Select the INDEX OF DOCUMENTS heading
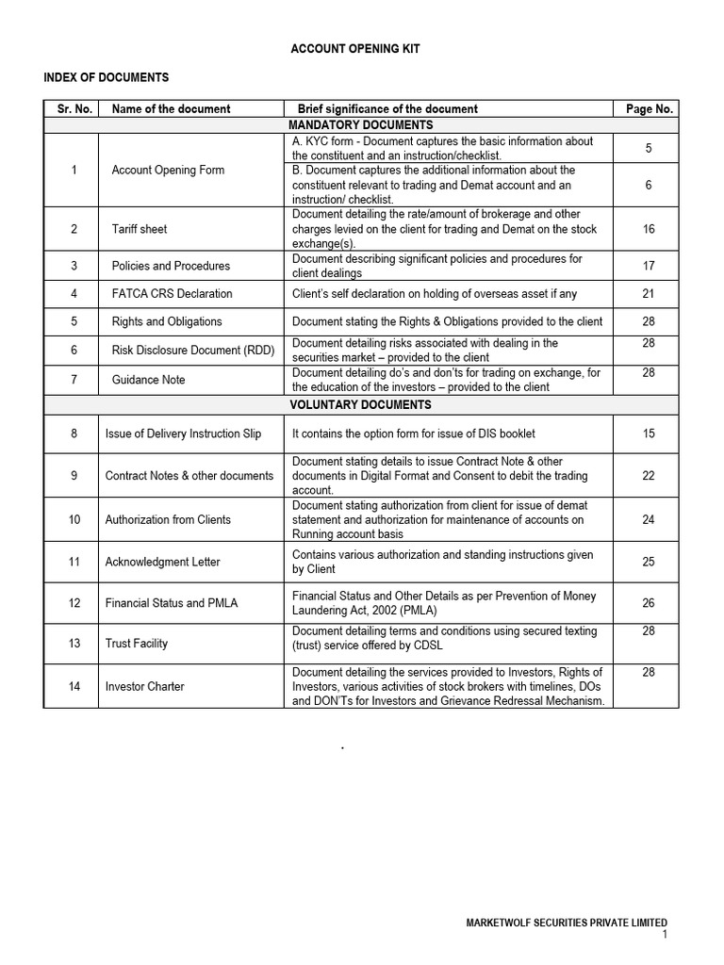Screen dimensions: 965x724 (x=107, y=77)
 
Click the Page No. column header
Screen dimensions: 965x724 (x=649, y=108)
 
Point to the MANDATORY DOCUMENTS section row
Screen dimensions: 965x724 (x=361, y=124)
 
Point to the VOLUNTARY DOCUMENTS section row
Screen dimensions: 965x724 (x=361, y=405)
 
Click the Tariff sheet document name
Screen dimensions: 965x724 (x=140, y=229)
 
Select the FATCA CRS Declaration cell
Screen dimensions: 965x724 (x=172, y=293)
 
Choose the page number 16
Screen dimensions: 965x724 (x=649, y=229)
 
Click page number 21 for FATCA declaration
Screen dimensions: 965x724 (x=649, y=293)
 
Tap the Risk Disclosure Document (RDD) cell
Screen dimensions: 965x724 (x=192, y=351)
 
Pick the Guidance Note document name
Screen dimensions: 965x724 (x=148, y=380)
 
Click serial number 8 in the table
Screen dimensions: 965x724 (x=74, y=433)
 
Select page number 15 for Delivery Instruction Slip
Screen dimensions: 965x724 (x=649, y=433)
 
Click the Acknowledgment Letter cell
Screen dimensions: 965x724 (x=163, y=562)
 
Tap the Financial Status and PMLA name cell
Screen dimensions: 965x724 (x=172, y=603)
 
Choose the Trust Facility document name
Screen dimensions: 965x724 (x=137, y=644)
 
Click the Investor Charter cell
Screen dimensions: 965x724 (x=144, y=687)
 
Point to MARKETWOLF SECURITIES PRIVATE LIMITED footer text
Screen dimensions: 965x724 (x=567, y=923)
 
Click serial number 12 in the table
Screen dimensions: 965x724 (x=74, y=603)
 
